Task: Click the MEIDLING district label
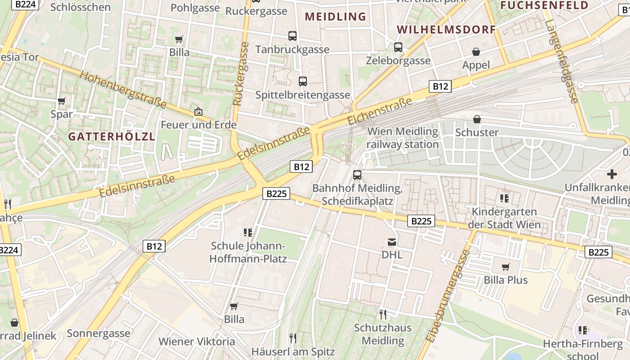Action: point(335,17)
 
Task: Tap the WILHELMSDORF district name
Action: point(446,30)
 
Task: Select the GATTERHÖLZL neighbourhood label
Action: point(112,136)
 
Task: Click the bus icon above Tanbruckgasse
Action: point(292,36)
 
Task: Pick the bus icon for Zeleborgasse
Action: point(398,47)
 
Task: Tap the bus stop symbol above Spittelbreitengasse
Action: point(303,81)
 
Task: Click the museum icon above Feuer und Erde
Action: point(198,111)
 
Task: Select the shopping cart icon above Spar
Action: point(62,101)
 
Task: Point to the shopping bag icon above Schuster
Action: point(477,119)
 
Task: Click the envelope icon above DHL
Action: point(392,242)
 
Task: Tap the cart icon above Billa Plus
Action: point(505,267)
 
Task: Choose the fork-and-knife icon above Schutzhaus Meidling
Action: point(382,314)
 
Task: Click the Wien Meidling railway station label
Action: point(402,138)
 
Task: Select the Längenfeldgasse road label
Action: point(561,56)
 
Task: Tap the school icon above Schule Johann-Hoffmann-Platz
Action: point(247,233)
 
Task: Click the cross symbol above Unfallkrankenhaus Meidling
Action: point(612,174)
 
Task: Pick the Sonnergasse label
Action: point(99,333)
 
